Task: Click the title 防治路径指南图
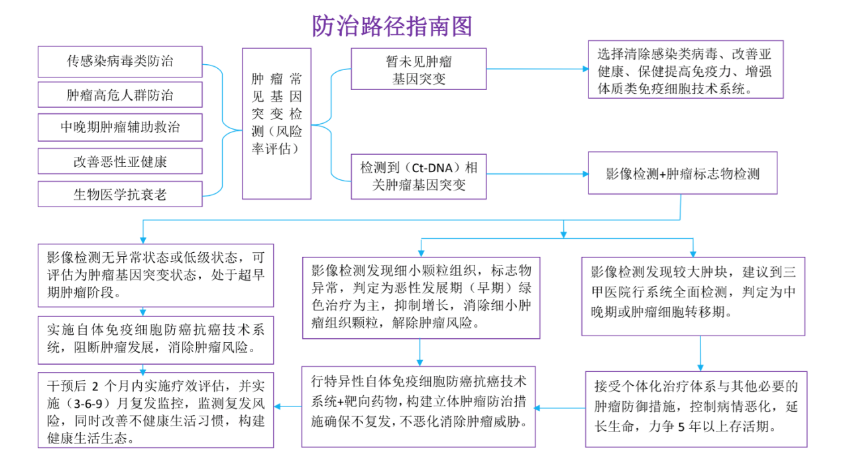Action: coord(392,26)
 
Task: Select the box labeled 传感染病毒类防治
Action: coord(120,62)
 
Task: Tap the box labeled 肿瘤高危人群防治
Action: coord(120,95)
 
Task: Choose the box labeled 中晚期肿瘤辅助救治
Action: coord(120,128)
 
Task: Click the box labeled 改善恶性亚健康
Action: coord(120,162)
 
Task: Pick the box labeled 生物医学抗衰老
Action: coord(120,195)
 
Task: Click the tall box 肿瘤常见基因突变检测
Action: coord(276,124)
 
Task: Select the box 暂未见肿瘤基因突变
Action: coord(418,69)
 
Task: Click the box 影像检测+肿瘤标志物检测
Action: coord(683,174)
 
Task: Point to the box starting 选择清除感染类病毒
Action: coord(685,70)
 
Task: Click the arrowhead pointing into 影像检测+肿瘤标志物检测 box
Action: coord(585,174)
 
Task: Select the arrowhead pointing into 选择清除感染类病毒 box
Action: coord(585,69)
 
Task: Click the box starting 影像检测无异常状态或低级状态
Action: coord(156,275)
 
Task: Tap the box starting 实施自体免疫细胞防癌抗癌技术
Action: coord(156,338)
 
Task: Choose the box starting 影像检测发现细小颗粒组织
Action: coord(421,298)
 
